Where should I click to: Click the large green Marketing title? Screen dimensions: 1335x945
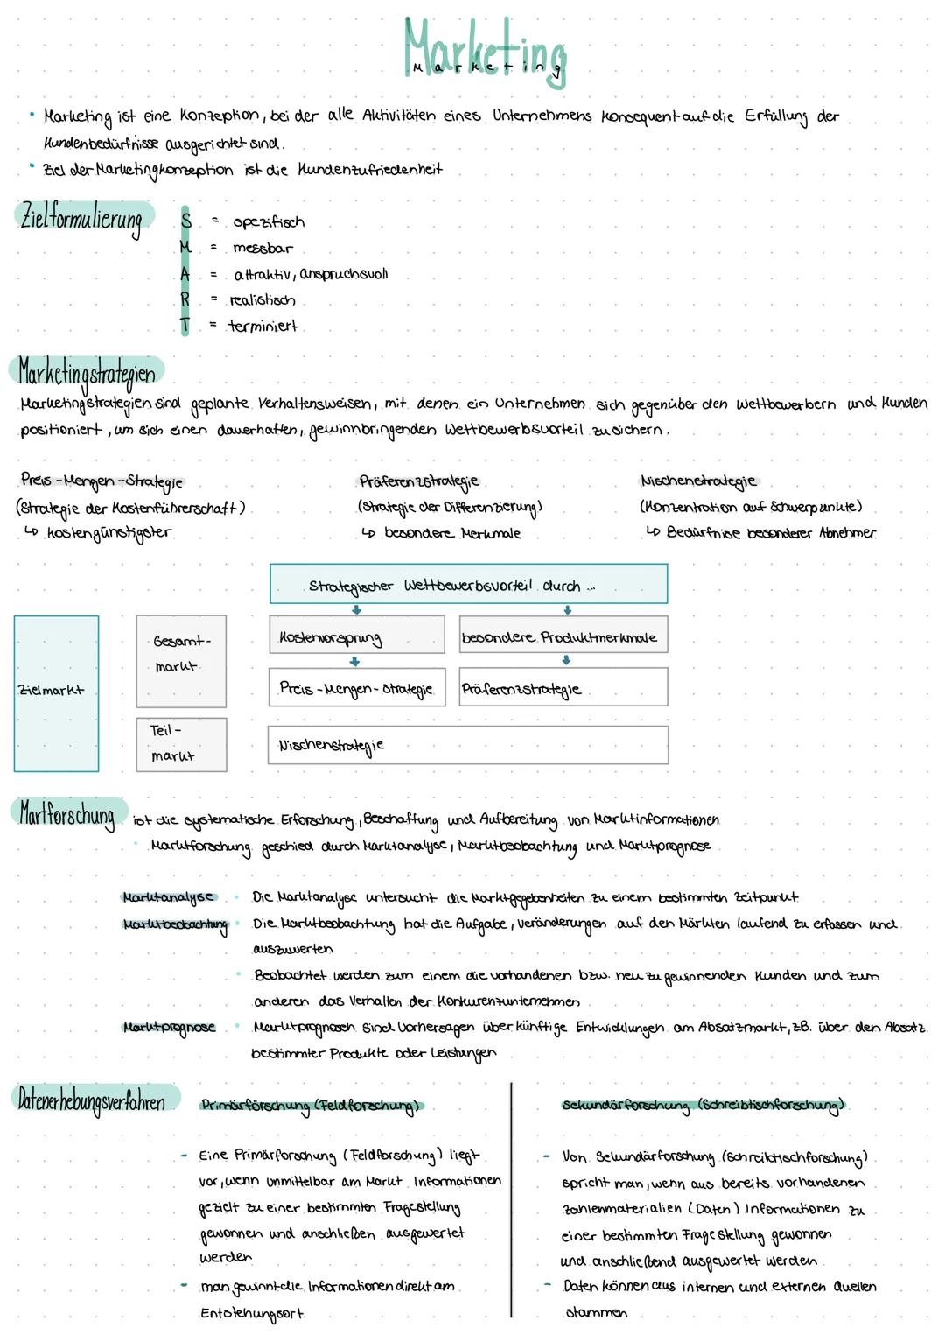pyautogui.click(x=485, y=51)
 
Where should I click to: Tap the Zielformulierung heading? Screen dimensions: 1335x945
pyautogui.click(x=81, y=217)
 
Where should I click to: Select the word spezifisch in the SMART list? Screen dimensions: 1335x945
pyautogui.click(x=269, y=222)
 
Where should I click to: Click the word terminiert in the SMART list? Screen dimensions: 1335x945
pyautogui.click(x=262, y=327)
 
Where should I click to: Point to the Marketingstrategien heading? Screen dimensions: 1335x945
pyautogui.click(x=87, y=374)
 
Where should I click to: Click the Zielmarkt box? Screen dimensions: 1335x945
pyautogui.click(x=56, y=693)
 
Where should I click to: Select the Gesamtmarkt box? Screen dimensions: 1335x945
pyautogui.click(x=181, y=661)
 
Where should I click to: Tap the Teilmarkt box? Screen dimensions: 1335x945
pyautogui.click(x=181, y=744)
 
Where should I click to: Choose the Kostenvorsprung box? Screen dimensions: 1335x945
pyautogui.click(x=356, y=636)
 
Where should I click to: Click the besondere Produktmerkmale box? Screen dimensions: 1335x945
pyautogui.click(x=563, y=636)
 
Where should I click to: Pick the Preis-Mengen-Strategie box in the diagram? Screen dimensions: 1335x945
pyautogui.click(x=356, y=687)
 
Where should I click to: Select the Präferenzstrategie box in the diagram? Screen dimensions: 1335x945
pyautogui.click(x=563, y=687)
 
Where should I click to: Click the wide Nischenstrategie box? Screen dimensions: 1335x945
pyautogui.click(x=467, y=745)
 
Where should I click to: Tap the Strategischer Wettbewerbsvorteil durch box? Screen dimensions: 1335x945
pyautogui.click(x=468, y=584)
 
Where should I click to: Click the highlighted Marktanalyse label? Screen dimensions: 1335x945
pyautogui.click(x=168, y=897)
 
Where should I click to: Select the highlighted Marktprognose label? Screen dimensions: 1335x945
pyautogui.click(x=169, y=1027)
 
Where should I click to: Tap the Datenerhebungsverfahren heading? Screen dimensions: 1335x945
pyautogui.click(x=92, y=1100)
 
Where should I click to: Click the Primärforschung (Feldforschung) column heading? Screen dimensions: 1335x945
pyautogui.click(x=310, y=1106)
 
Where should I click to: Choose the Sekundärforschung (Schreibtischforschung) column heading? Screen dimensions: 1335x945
pyautogui.click(x=703, y=1106)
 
